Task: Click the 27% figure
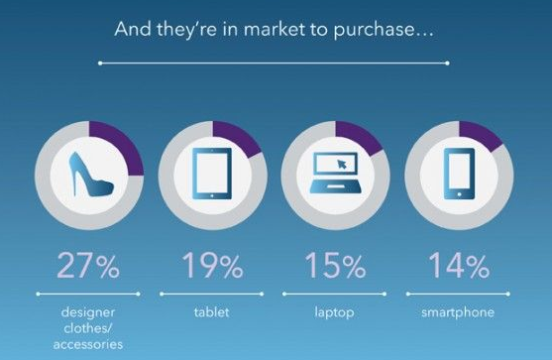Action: click(88, 266)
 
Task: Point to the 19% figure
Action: click(211, 266)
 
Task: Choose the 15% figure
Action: click(334, 266)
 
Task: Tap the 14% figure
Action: click(459, 266)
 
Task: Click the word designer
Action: click(88, 309)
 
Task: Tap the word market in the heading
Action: click(252, 30)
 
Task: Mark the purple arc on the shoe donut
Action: click(121, 140)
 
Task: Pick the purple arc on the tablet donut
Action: click(241, 138)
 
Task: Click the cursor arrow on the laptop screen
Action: click(344, 164)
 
